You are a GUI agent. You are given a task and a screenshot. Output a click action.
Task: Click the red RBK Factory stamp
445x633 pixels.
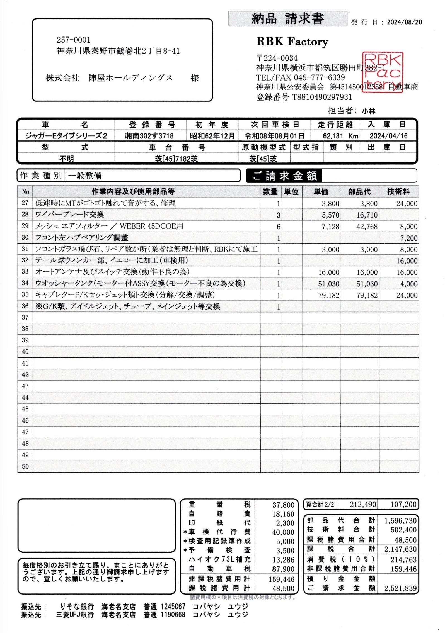pyautogui.click(x=383, y=72)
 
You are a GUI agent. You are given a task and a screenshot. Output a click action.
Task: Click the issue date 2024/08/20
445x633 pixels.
pyautogui.click(x=404, y=22)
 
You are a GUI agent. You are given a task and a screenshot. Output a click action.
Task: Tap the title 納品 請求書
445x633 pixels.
pyautogui.click(x=287, y=19)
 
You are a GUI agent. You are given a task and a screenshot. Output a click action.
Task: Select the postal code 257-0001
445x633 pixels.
pyautogui.click(x=74, y=40)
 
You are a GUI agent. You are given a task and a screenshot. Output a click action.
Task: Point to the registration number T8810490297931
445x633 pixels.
pyautogui.click(x=322, y=97)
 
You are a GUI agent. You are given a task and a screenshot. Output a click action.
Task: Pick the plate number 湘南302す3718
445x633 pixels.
pyautogui.click(x=149, y=136)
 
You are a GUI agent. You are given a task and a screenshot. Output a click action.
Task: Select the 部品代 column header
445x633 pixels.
pyautogui.click(x=359, y=192)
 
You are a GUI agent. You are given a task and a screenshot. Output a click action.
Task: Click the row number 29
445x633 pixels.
pyautogui.click(x=25, y=226)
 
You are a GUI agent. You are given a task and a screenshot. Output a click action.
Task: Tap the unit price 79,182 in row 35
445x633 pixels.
pyautogui.click(x=329, y=295)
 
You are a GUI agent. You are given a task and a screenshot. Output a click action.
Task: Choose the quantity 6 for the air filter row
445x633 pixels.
pyautogui.click(x=278, y=227)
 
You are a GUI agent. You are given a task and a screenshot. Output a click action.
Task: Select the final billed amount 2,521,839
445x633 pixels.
pyautogui.click(x=400, y=588)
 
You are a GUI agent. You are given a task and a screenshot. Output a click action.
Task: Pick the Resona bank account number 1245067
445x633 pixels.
pyautogui.click(x=173, y=607)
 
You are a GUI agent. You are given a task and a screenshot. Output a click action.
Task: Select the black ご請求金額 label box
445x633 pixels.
pyautogui.click(x=284, y=176)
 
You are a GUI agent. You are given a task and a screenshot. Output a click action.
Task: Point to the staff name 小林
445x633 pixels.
pyautogui.click(x=369, y=111)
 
